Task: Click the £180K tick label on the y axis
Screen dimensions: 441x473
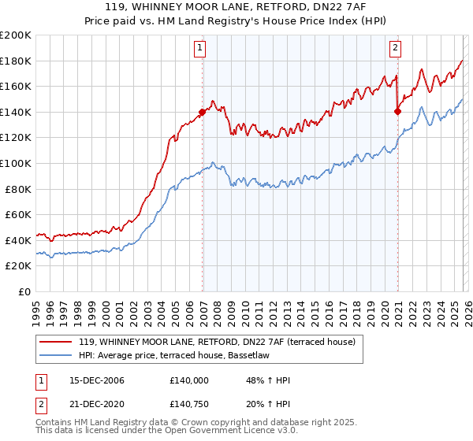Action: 16,61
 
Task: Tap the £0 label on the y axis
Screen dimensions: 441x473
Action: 24,291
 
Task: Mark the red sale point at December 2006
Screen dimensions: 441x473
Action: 203,112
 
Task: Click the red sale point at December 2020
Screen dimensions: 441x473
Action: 397,111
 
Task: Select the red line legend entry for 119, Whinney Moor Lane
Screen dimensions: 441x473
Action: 218,342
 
